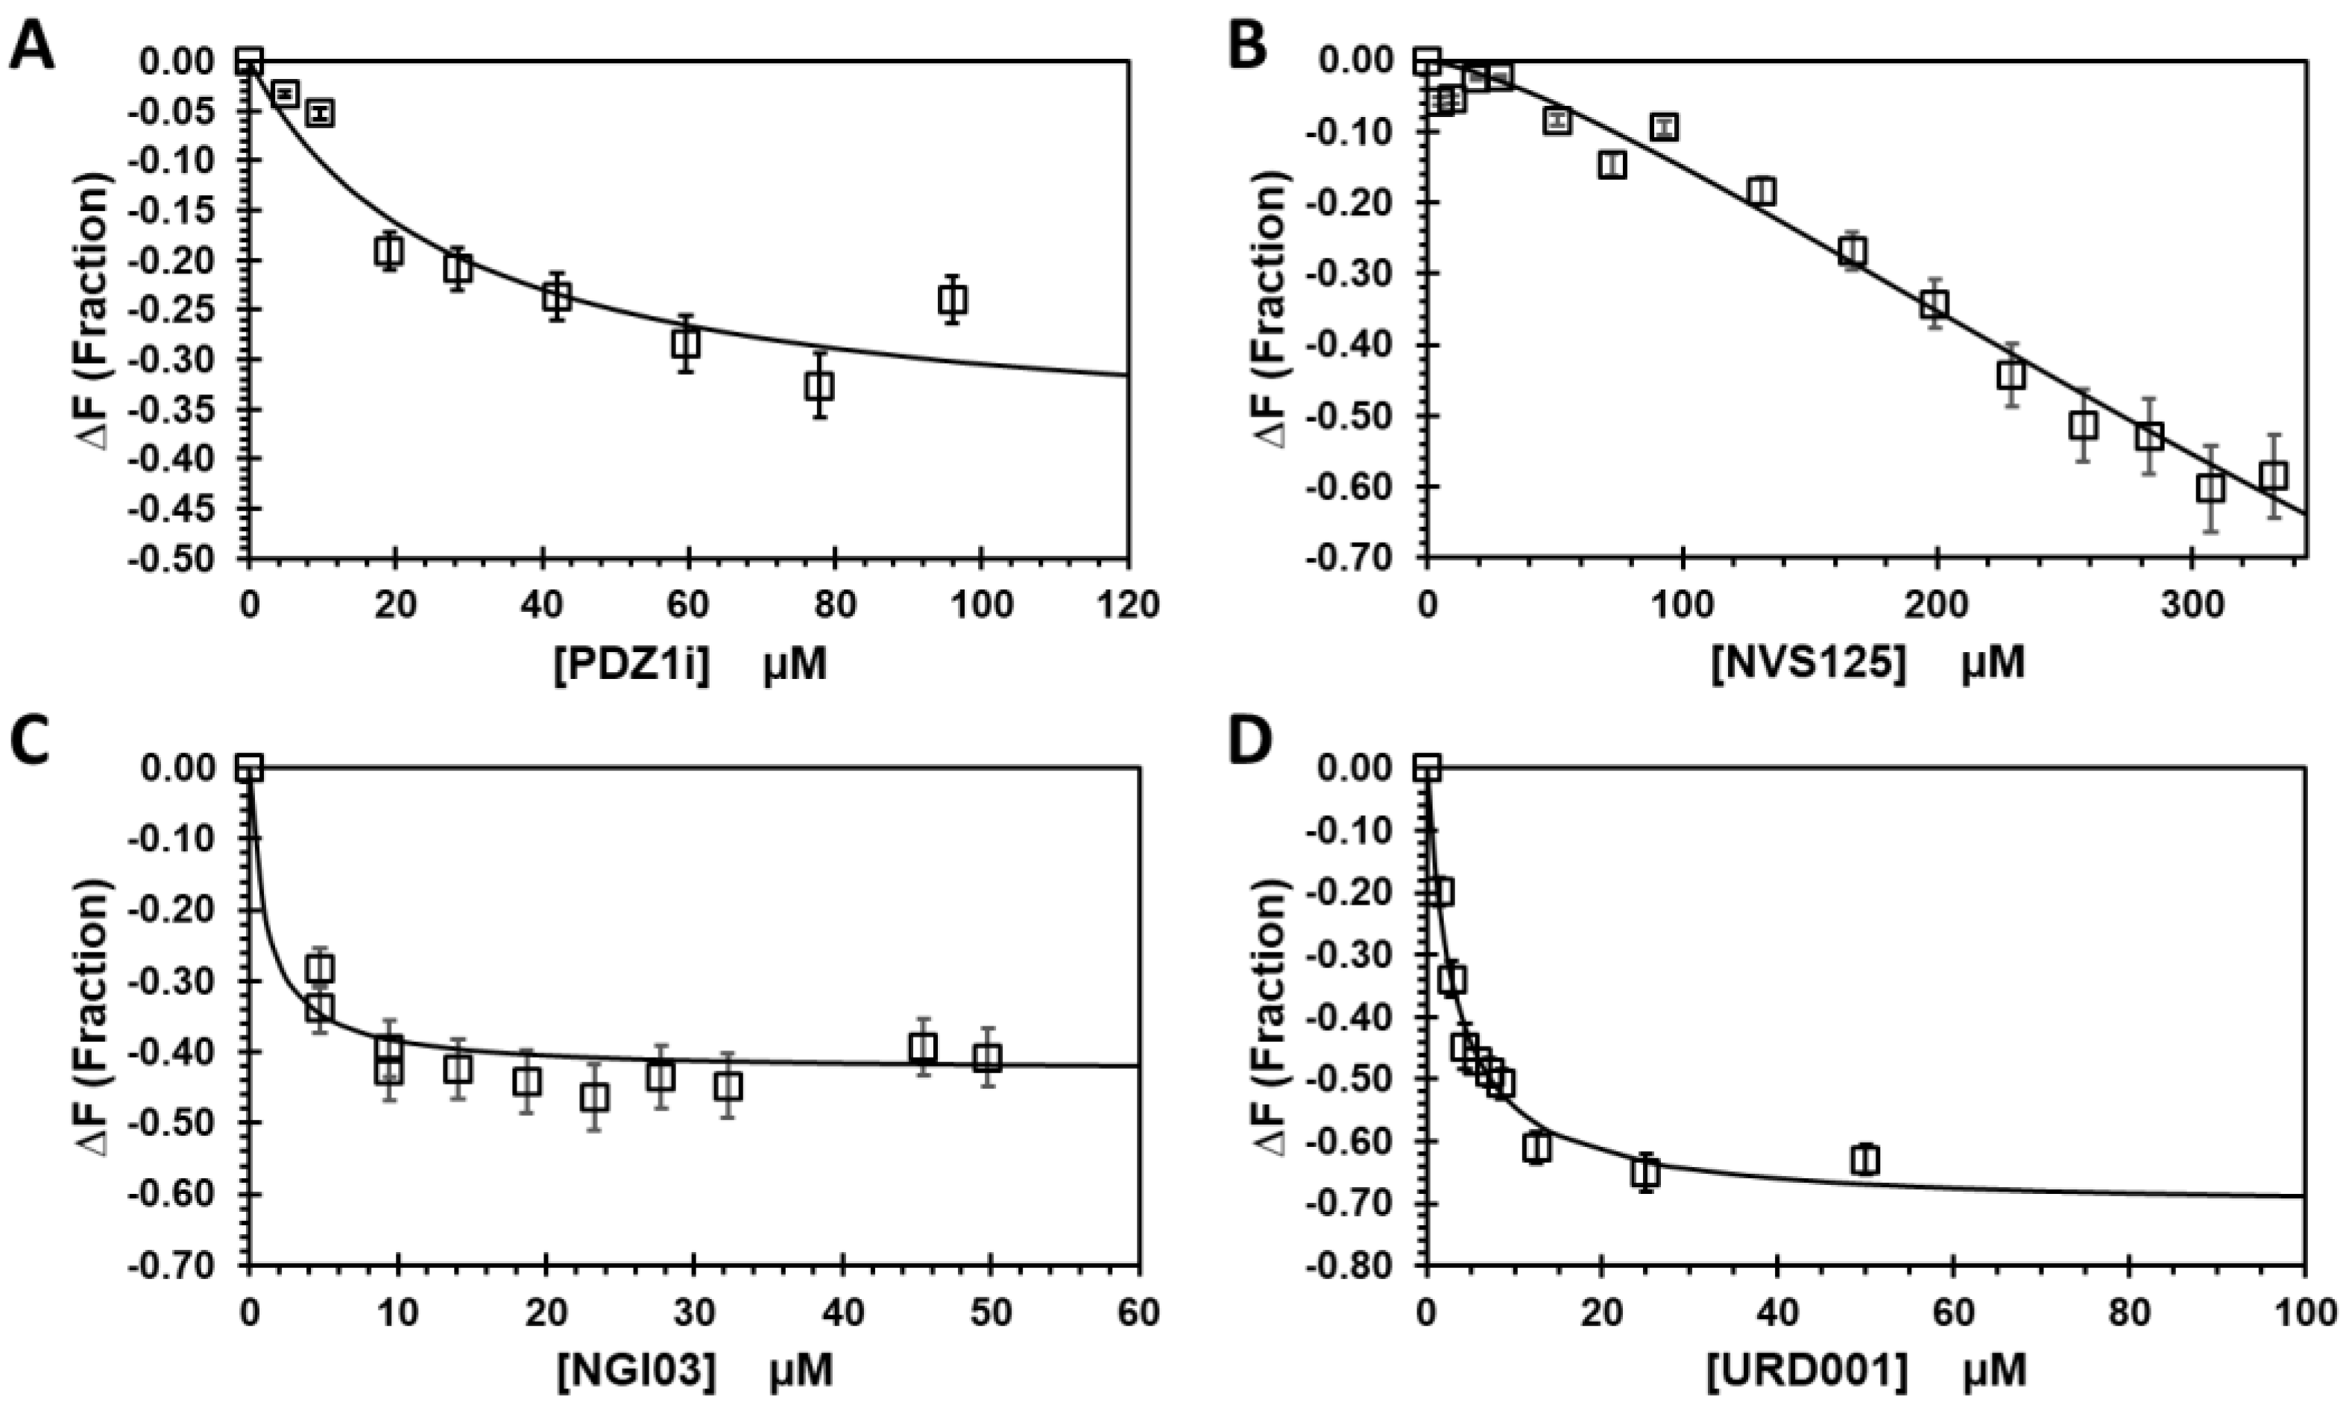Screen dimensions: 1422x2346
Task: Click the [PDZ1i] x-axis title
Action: point(690,663)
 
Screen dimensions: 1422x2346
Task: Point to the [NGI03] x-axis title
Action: point(693,1371)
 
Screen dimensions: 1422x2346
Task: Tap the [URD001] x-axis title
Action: point(1865,1371)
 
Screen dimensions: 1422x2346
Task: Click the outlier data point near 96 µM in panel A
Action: point(952,300)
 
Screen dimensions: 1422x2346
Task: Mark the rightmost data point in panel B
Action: point(2274,476)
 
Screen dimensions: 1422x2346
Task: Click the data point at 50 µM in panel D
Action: point(1865,1160)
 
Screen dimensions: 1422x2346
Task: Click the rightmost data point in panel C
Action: point(990,1058)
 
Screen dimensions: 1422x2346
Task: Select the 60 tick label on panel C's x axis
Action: point(1139,1313)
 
